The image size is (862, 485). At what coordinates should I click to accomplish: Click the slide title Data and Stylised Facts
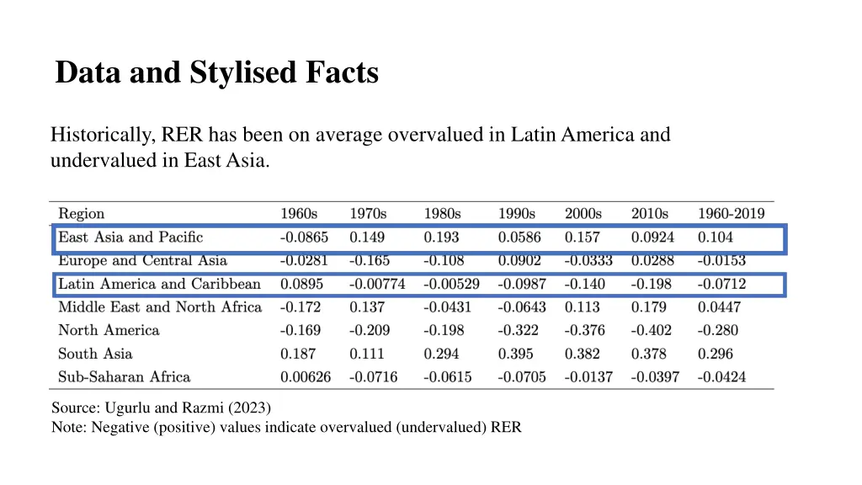click(216, 73)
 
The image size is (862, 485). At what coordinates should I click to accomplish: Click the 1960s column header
click(300, 214)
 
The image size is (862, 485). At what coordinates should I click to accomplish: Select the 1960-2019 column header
click(731, 214)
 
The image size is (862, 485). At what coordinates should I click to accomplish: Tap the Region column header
click(81, 214)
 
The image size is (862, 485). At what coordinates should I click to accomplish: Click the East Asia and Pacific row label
click(130, 237)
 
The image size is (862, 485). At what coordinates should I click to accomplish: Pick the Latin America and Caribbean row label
click(159, 285)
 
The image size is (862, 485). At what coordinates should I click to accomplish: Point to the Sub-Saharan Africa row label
click(124, 377)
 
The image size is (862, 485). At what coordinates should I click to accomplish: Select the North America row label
click(109, 331)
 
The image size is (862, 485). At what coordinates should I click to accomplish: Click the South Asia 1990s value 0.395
click(515, 354)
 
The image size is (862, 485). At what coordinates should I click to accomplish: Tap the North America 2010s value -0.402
click(652, 331)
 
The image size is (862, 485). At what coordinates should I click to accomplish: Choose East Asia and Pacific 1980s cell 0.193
click(441, 237)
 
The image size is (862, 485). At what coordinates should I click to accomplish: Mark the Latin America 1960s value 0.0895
click(301, 285)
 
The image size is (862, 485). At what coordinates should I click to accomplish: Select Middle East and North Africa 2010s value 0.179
click(648, 307)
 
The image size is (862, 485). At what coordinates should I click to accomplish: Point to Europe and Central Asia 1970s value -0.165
click(370, 261)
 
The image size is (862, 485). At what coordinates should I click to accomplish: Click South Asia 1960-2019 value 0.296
click(715, 354)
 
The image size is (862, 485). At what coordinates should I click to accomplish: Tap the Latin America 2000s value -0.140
click(585, 285)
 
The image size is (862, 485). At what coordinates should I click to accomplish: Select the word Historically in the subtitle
click(97, 135)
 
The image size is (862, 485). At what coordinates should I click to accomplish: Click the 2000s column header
click(583, 214)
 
